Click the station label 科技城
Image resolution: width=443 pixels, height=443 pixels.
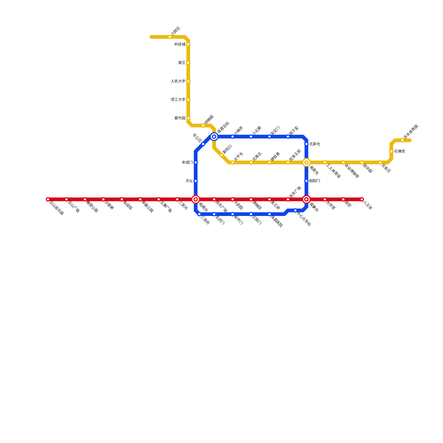[180, 44]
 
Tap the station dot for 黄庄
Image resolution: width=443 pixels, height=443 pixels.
[188, 63]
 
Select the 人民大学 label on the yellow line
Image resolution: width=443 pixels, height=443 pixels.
[178, 81]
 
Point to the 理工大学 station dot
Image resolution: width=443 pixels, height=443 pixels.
[188, 100]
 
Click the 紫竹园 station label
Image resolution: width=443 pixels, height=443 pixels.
[180, 118]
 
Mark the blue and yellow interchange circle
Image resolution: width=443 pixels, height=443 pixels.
[214, 136]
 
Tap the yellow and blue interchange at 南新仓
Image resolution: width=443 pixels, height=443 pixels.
[306, 163]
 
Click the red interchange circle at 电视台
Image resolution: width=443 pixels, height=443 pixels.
[196, 199]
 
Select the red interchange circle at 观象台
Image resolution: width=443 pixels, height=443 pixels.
[306, 199]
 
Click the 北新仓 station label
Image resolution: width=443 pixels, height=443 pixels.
[315, 144]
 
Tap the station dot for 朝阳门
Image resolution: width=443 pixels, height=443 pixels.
[306, 181]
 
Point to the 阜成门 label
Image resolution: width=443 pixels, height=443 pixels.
[187, 163]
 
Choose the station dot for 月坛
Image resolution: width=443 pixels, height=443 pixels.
[196, 181]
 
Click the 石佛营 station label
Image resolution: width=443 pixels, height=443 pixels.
[400, 151]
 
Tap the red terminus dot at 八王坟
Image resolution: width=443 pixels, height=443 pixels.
[362, 199]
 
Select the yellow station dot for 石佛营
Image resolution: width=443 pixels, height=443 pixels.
[391, 151]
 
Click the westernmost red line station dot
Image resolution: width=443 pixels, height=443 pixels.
[48, 199]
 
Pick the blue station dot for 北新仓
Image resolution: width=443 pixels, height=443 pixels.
[306, 144]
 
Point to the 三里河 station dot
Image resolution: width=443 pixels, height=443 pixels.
[177, 199]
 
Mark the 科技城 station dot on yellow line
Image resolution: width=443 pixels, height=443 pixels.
[188, 44]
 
